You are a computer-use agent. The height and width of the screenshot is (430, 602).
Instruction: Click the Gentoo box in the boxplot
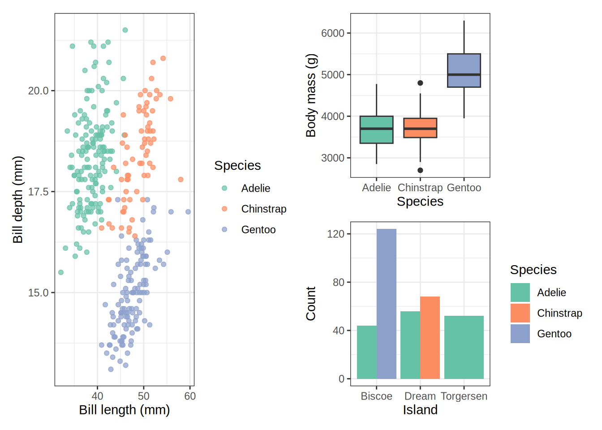pyautogui.click(x=464, y=70)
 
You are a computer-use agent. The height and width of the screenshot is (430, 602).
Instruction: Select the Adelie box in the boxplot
pyautogui.click(x=376, y=129)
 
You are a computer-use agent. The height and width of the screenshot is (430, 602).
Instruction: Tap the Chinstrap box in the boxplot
pyautogui.click(x=420, y=128)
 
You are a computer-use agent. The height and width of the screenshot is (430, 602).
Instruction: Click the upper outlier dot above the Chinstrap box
pyautogui.click(x=420, y=83)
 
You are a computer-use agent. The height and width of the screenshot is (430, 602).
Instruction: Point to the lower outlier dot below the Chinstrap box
pyautogui.click(x=420, y=170)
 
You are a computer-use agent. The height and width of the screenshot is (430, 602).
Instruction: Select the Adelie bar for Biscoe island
pyautogui.click(x=367, y=352)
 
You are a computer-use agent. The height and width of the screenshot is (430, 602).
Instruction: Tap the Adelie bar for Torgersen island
pyautogui.click(x=464, y=347)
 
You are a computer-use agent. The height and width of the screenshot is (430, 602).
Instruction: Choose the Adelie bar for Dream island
pyautogui.click(x=410, y=345)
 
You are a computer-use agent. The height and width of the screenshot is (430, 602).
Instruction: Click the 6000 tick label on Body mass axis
pyautogui.click(x=333, y=33)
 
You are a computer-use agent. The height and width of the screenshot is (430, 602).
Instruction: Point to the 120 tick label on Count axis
pyautogui.click(x=336, y=234)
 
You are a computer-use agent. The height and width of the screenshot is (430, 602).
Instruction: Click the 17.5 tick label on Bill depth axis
pyautogui.click(x=38, y=192)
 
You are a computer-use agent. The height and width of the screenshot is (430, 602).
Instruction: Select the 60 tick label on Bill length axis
pyautogui.click(x=190, y=396)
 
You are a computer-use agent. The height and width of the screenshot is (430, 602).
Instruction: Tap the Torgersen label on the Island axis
pyautogui.click(x=464, y=396)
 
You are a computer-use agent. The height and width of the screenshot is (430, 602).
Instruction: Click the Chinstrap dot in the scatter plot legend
pyautogui.click(x=224, y=209)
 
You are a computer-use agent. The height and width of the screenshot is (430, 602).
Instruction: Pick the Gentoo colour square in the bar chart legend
pyautogui.click(x=520, y=334)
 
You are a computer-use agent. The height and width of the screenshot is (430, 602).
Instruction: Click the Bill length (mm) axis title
pyautogui.click(x=125, y=410)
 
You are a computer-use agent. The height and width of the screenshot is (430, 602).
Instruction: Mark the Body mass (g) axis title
pyautogui.click(x=311, y=95)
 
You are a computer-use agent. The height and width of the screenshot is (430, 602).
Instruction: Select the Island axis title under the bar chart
pyautogui.click(x=420, y=410)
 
